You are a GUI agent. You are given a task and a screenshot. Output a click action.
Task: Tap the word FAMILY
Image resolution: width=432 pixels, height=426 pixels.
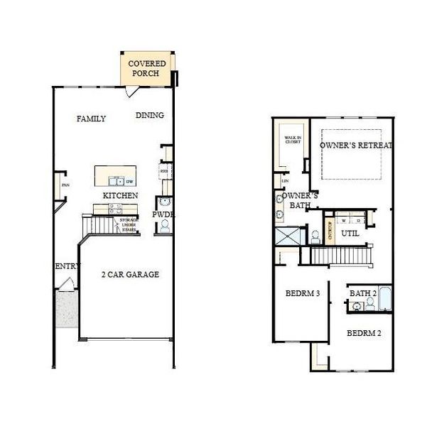(91, 119)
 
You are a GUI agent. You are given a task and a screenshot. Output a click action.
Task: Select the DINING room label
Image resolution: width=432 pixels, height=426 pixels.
(149, 116)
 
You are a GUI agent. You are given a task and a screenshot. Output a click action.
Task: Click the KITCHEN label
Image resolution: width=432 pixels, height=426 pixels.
(120, 195)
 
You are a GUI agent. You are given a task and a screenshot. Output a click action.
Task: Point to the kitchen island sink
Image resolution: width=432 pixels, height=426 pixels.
(117, 181)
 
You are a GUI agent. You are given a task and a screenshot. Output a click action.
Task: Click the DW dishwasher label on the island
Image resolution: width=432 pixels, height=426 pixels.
(129, 181)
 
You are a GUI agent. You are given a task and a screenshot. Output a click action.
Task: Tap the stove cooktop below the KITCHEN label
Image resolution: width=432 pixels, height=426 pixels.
(114, 207)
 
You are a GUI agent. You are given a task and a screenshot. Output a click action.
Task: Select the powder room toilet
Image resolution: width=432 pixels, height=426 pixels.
(165, 226)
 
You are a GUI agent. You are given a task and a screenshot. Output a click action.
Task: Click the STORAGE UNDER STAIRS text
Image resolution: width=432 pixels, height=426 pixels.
(129, 225)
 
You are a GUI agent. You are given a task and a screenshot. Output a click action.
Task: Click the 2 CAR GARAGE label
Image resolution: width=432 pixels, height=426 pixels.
(129, 274)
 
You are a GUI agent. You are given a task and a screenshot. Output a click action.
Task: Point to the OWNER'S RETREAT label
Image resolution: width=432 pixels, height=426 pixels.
(355, 145)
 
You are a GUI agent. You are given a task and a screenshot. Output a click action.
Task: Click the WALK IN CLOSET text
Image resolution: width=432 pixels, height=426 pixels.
(292, 141)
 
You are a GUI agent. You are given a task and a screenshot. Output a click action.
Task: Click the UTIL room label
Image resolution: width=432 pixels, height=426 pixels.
(349, 232)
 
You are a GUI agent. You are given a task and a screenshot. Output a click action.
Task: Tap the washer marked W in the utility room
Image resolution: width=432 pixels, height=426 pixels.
(344, 219)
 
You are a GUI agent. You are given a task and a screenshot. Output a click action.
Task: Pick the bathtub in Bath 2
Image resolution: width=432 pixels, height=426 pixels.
(384, 299)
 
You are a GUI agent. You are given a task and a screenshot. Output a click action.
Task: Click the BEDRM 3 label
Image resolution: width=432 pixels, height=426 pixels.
(302, 293)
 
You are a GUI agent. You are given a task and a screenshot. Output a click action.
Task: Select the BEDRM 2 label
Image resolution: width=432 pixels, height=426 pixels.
(363, 332)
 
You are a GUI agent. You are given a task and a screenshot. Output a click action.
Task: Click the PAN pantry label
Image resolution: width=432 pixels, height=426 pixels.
(65, 186)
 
